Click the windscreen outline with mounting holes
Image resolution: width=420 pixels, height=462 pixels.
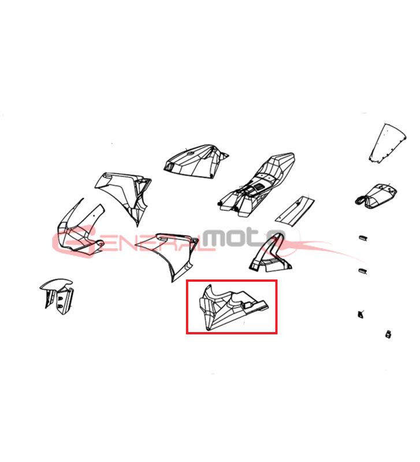click(387, 143)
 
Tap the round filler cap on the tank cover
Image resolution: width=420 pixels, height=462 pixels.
click(190, 153)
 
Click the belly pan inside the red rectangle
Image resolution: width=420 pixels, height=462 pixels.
click(230, 307)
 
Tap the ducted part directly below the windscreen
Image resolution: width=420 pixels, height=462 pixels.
click(376, 196)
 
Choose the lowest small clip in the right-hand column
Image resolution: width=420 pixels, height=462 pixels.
click(388, 334)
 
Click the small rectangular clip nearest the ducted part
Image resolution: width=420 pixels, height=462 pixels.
click(363, 238)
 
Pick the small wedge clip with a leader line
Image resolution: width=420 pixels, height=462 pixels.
click(360, 314)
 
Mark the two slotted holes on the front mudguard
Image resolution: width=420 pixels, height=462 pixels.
click(61, 303)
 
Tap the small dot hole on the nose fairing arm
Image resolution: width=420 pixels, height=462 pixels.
click(94, 215)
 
